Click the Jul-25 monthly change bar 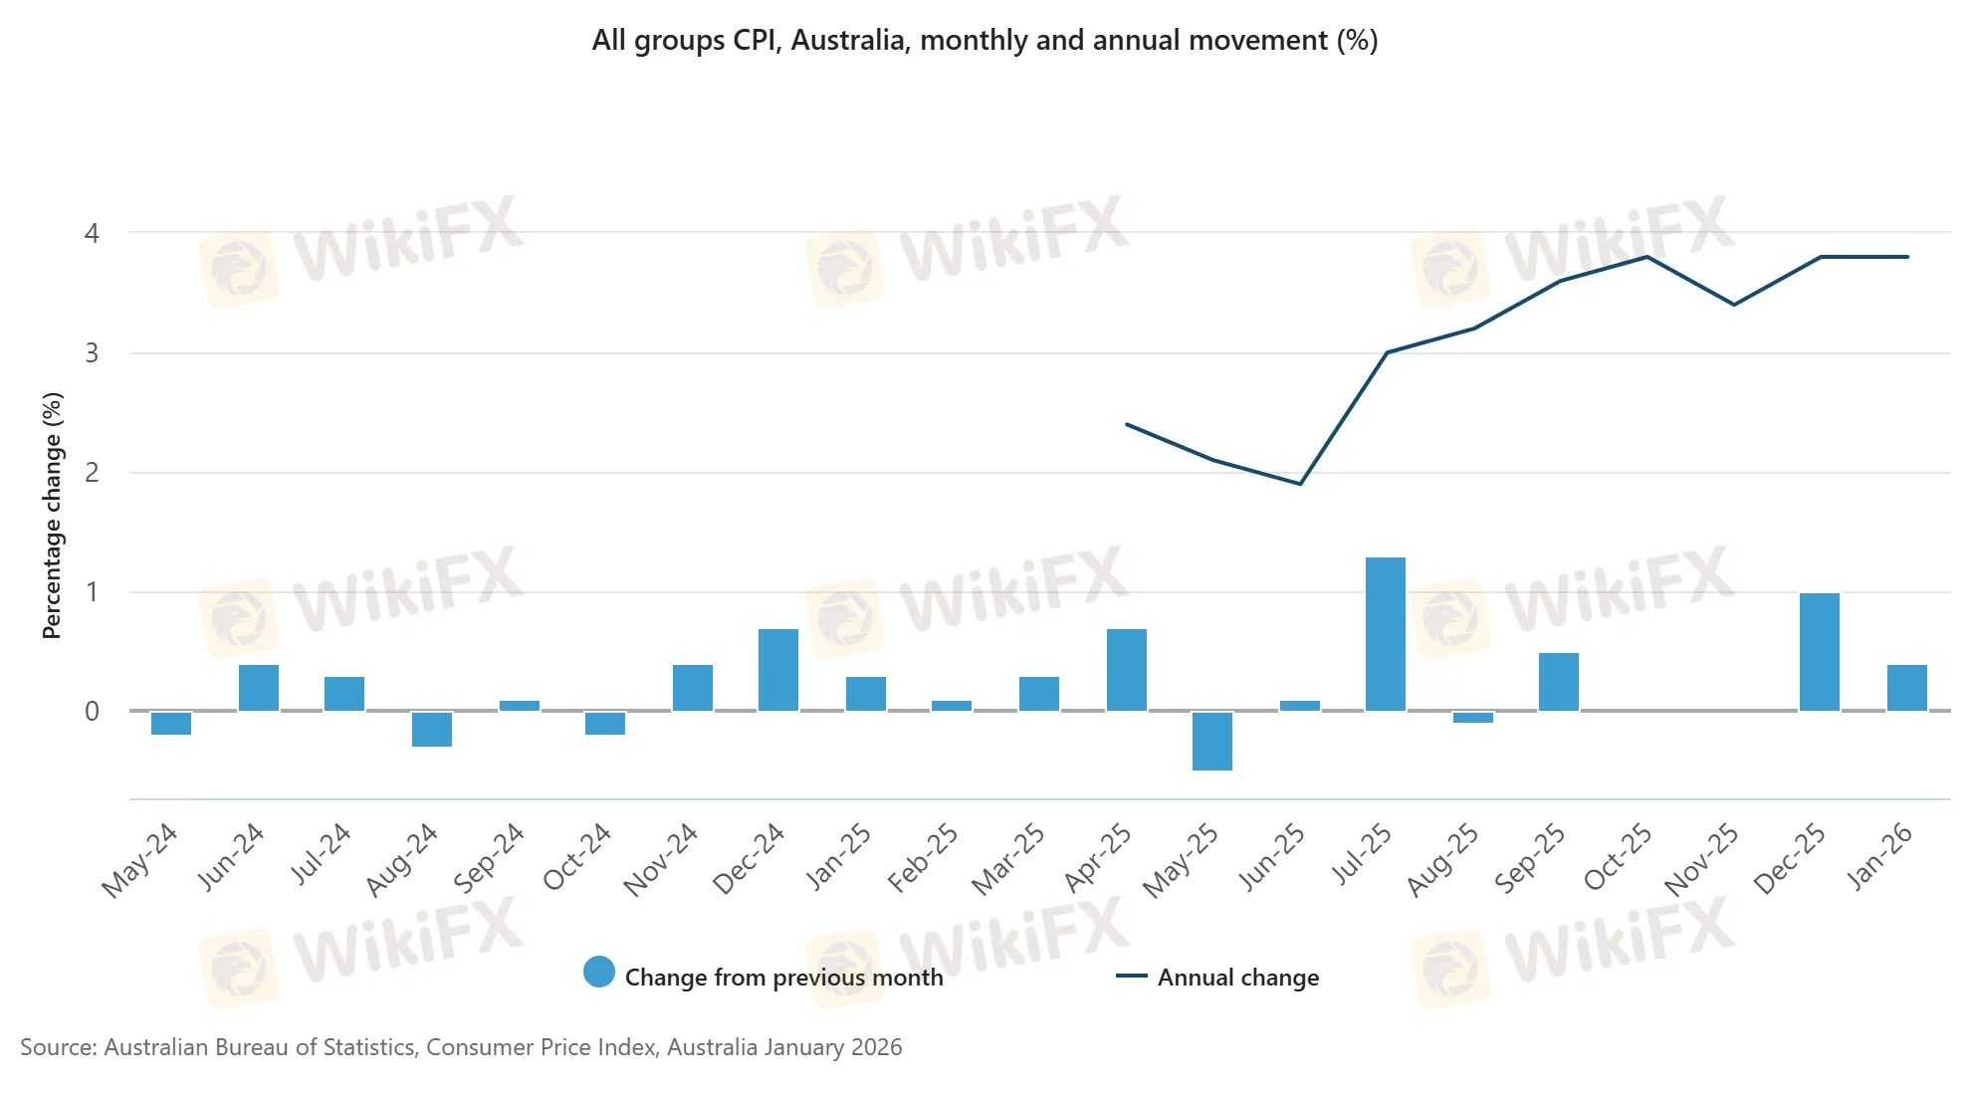[x=1385, y=634]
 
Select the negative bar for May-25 [x=1211, y=741]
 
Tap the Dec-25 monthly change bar [x=1819, y=652]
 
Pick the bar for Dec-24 [x=777, y=670]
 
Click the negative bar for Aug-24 [x=431, y=729]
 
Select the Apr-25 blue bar [x=1126, y=670]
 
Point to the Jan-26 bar [x=1906, y=688]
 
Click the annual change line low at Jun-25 [x=1300, y=484]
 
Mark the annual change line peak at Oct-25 [x=1646, y=257]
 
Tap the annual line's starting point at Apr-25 [x=1127, y=424]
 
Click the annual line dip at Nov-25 [x=1734, y=305]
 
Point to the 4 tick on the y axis [x=92, y=234]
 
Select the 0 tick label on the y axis [x=92, y=712]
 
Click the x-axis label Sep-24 [x=489, y=857]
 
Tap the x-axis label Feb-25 [x=923, y=857]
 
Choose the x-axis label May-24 [x=140, y=860]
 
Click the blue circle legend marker [x=599, y=972]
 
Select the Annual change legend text [x=1237, y=978]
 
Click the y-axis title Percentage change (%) [x=52, y=515]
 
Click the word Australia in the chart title [x=847, y=41]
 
